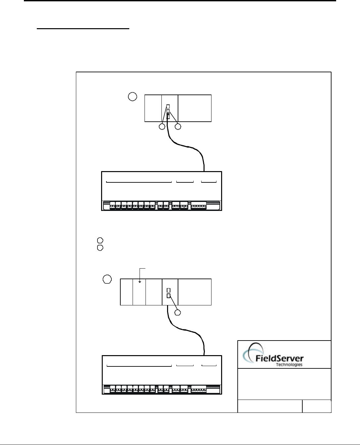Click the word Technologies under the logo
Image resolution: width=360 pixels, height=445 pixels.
point(289,364)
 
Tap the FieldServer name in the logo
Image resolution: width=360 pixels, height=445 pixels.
point(279,358)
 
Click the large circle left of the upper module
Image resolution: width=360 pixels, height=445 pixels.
point(132,97)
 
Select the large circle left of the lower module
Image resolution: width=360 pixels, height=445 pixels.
point(107,280)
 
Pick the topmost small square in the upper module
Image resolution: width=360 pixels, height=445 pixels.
point(168,106)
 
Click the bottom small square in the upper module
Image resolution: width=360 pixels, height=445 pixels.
point(168,117)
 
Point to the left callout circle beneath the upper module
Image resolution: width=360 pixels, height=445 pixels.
point(162,127)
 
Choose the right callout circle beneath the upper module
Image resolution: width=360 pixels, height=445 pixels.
point(178,127)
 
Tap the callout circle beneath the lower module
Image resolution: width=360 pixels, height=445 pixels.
point(178,312)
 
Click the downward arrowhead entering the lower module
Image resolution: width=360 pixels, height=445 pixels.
point(140,282)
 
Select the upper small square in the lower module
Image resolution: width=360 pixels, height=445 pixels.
point(168,290)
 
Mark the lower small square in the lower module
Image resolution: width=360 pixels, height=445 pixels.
point(168,295)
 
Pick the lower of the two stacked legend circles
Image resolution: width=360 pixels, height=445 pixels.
point(100,247)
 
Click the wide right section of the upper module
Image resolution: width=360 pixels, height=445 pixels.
point(195,108)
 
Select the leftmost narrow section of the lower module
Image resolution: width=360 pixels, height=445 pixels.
point(126,292)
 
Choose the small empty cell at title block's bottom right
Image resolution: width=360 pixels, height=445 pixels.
point(317,406)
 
